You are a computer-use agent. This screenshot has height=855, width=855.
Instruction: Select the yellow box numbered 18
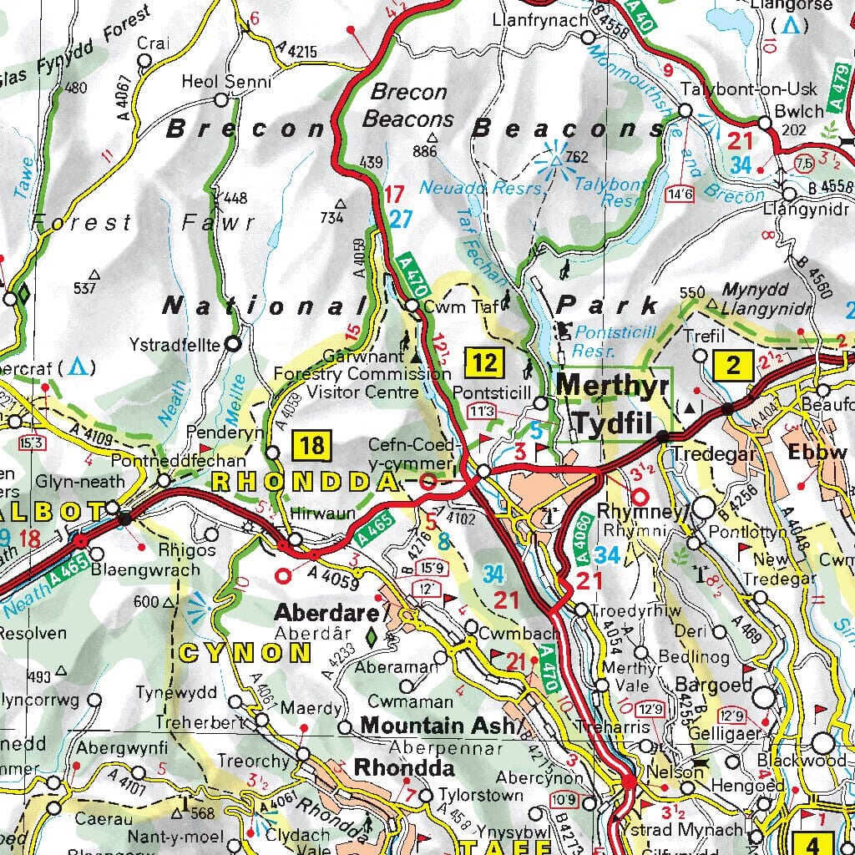(x=311, y=445)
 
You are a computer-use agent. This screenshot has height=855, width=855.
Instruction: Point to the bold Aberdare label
(x=326, y=613)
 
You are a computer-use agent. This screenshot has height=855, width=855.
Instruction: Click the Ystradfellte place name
(x=175, y=344)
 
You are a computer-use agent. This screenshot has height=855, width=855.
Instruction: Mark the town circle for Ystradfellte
(x=233, y=342)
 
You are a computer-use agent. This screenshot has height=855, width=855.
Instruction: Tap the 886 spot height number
(x=424, y=151)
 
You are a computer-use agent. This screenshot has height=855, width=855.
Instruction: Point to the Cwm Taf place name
(x=450, y=306)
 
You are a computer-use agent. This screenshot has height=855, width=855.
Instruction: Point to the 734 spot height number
(x=331, y=218)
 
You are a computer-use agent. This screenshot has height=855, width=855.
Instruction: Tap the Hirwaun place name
(x=326, y=514)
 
